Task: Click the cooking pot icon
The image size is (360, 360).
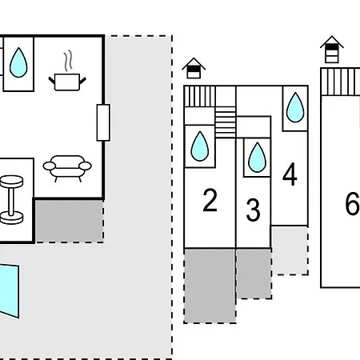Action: tap(67, 82)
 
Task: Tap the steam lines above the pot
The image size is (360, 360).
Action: tap(68, 60)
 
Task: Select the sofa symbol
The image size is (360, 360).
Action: tap(67, 168)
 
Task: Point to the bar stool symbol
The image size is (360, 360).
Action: tap(11, 199)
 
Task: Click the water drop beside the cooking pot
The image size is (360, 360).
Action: tap(18, 62)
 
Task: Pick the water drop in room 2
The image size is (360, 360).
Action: tap(200, 146)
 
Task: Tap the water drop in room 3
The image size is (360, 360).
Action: tap(257, 157)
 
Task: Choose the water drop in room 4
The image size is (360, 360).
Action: tap(295, 107)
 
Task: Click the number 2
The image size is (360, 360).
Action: tap(210, 200)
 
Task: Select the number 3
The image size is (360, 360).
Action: tap(253, 210)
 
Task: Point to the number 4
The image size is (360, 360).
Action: tap(290, 174)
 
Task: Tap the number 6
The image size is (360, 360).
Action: tap(353, 203)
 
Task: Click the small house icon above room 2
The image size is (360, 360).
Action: tap(194, 68)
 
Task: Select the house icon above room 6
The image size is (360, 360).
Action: tap(332, 50)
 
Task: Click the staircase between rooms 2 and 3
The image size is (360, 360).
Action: tap(226, 122)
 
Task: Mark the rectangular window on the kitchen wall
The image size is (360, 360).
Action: tap(103, 122)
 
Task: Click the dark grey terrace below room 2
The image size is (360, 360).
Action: tap(210, 286)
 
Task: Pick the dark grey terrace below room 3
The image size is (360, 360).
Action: tap(254, 274)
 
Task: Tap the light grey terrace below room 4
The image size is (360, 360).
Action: tap(290, 250)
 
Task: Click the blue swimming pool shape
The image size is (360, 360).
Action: tap(10, 290)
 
